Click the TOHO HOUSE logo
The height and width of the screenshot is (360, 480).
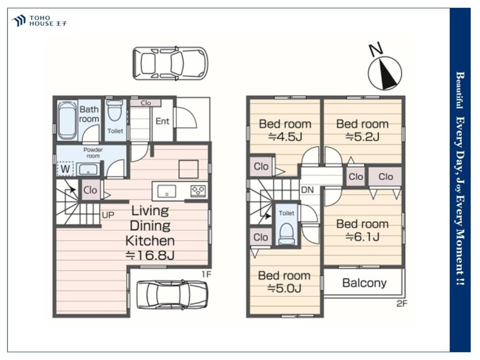39,21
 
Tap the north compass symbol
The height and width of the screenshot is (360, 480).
384,72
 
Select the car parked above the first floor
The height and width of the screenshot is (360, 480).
170,64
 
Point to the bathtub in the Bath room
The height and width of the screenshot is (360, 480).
67,120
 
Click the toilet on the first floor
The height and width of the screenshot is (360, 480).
115,110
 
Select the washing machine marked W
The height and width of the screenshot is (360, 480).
65,168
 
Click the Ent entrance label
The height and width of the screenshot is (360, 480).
162,121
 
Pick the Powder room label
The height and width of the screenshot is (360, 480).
93,153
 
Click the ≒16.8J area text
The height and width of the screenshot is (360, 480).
150,255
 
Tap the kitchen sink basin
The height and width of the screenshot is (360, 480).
167,192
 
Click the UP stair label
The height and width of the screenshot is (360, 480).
108,215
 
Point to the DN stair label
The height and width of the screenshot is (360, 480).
307,190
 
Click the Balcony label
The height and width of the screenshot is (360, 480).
364,283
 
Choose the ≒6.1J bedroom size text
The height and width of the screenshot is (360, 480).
362,237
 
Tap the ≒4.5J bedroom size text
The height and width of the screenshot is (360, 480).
285,137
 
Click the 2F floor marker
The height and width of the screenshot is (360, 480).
402,304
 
